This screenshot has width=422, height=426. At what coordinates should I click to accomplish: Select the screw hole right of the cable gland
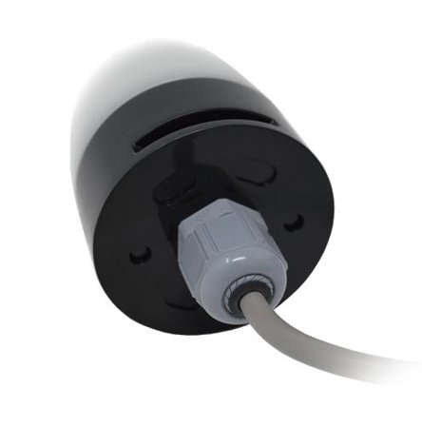coord(294,221)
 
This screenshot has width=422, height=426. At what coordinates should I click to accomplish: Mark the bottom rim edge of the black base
coord(190,328)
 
